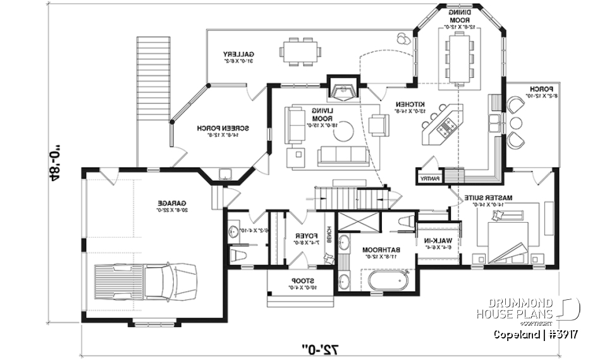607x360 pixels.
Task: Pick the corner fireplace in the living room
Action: click(x=342, y=90)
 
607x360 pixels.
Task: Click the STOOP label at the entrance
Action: click(x=300, y=280)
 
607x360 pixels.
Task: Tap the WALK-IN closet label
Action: click(x=430, y=240)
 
